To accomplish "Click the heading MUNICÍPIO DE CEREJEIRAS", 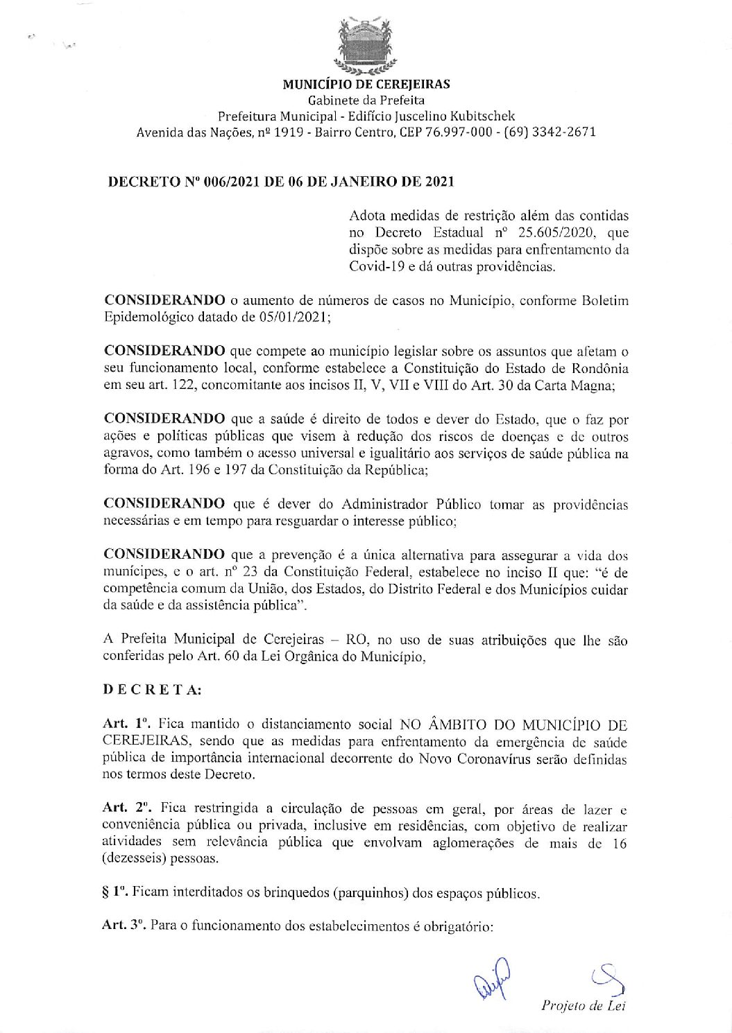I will (366, 85).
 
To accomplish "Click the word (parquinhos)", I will (373, 893).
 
